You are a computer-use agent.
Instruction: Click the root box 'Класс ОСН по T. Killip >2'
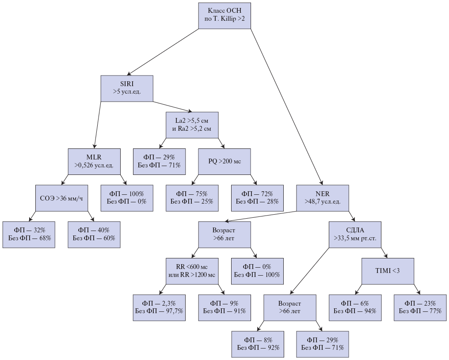pyautogui.click(x=224, y=15)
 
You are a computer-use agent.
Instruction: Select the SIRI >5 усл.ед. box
pyautogui.click(x=126, y=88)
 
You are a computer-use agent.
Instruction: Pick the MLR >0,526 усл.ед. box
pyautogui.click(x=94, y=161)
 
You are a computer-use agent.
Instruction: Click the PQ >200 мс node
pyautogui.click(x=224, y=161)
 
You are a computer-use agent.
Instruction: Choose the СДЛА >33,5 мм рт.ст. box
pyautogui.click(x=355, y=234)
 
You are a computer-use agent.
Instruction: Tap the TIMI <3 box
pyautogui.click(x=388, y=271)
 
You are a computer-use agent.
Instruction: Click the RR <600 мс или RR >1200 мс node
pyautogui.click(x=192, y=271)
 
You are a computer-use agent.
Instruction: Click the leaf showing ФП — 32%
pyautogui.click(x=29, y=234)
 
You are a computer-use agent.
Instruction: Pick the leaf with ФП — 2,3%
pyautogui.click(x=159, y=307)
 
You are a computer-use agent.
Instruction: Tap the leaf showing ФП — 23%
pyautogui.click(x=420, y=307)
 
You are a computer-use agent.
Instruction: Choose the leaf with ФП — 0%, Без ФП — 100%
pyautogui.click(x=257, y=271)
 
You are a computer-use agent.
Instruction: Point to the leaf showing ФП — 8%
pyautogui.click(x=258, y=344)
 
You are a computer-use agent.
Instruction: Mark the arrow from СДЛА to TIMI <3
pyautogui.click(x=384, y=253)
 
